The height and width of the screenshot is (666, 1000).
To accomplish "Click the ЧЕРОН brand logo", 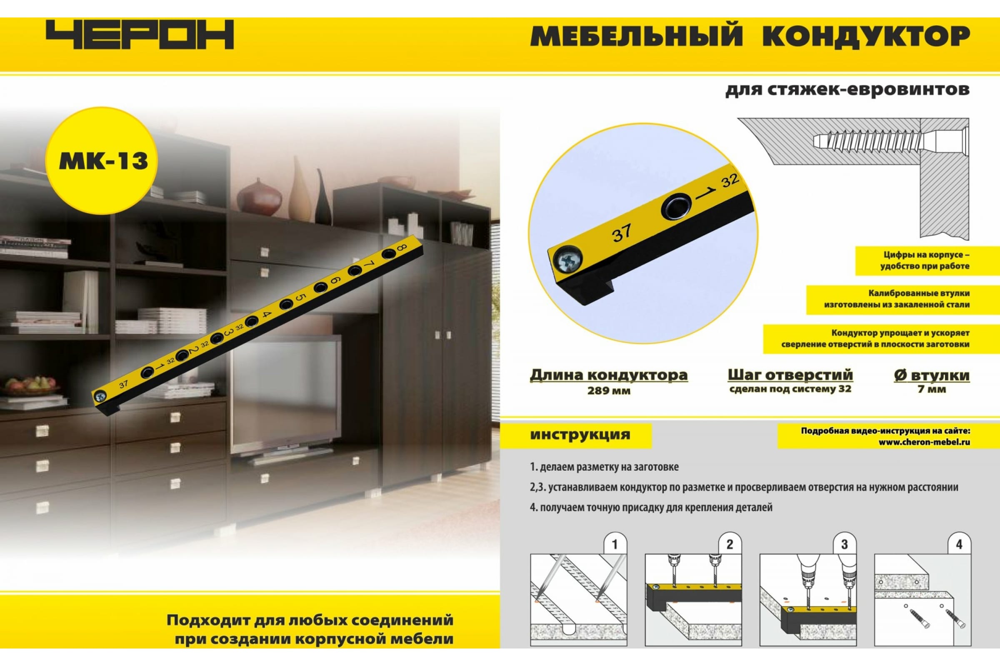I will point(140,35).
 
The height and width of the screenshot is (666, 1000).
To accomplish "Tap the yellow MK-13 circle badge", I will point(102,161).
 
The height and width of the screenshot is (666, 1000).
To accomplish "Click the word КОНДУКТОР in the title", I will point(866,36).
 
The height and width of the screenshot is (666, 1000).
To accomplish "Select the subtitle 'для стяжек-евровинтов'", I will point(847,89).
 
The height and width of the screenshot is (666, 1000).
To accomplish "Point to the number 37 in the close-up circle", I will point(621,233).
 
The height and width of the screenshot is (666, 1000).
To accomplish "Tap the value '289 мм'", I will point(608,391).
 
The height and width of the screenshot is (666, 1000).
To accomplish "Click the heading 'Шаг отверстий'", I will point(790,375).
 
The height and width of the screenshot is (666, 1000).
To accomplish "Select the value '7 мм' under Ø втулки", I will point(932,389).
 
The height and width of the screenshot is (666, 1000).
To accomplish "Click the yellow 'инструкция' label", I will point(580,435).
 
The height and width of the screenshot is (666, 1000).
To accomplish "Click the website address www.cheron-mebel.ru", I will point(924,442).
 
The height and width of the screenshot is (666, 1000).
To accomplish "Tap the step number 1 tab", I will point(615,544).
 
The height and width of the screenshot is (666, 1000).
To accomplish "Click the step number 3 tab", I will point(845,544).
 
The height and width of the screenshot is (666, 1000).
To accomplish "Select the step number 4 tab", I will point(959,544).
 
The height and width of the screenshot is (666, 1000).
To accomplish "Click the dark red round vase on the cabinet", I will point(258,196).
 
